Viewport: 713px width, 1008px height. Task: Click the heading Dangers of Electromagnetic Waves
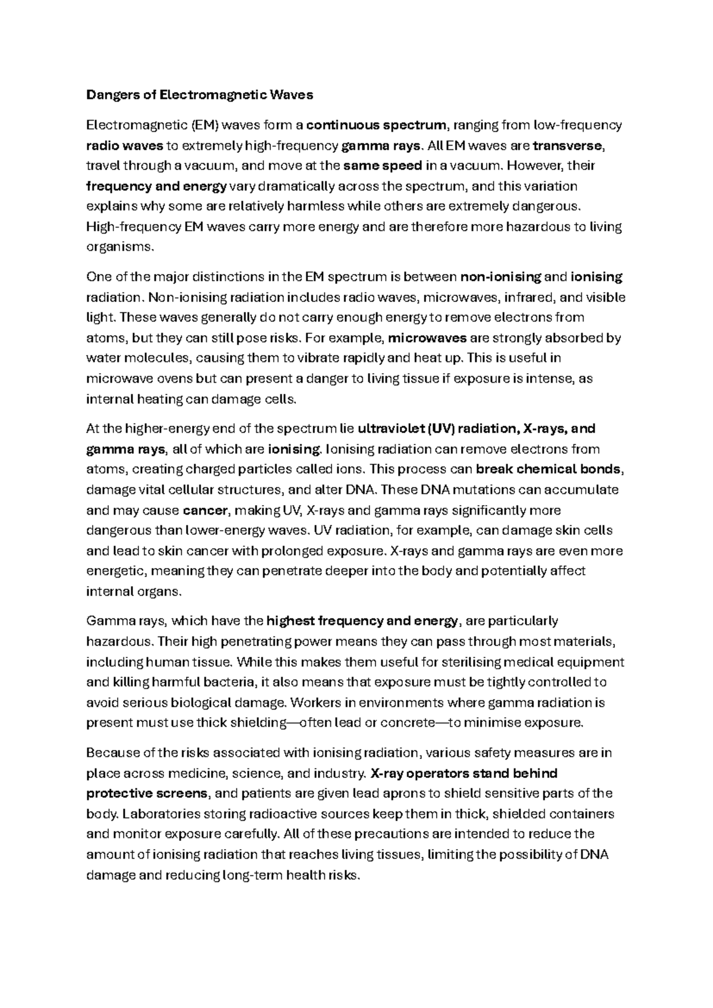click(x=200, y=94)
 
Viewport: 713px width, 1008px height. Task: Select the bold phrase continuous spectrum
click(x=377, y=125)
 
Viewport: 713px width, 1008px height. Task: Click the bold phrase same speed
click(x=383, y=165)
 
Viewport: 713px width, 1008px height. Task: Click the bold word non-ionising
click(x=501, y=276)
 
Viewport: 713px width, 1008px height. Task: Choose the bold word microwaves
click(x=427, y=338)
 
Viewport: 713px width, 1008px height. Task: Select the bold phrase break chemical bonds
click(x=549, y=469)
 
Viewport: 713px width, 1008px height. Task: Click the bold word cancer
click(x=206, y=510)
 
